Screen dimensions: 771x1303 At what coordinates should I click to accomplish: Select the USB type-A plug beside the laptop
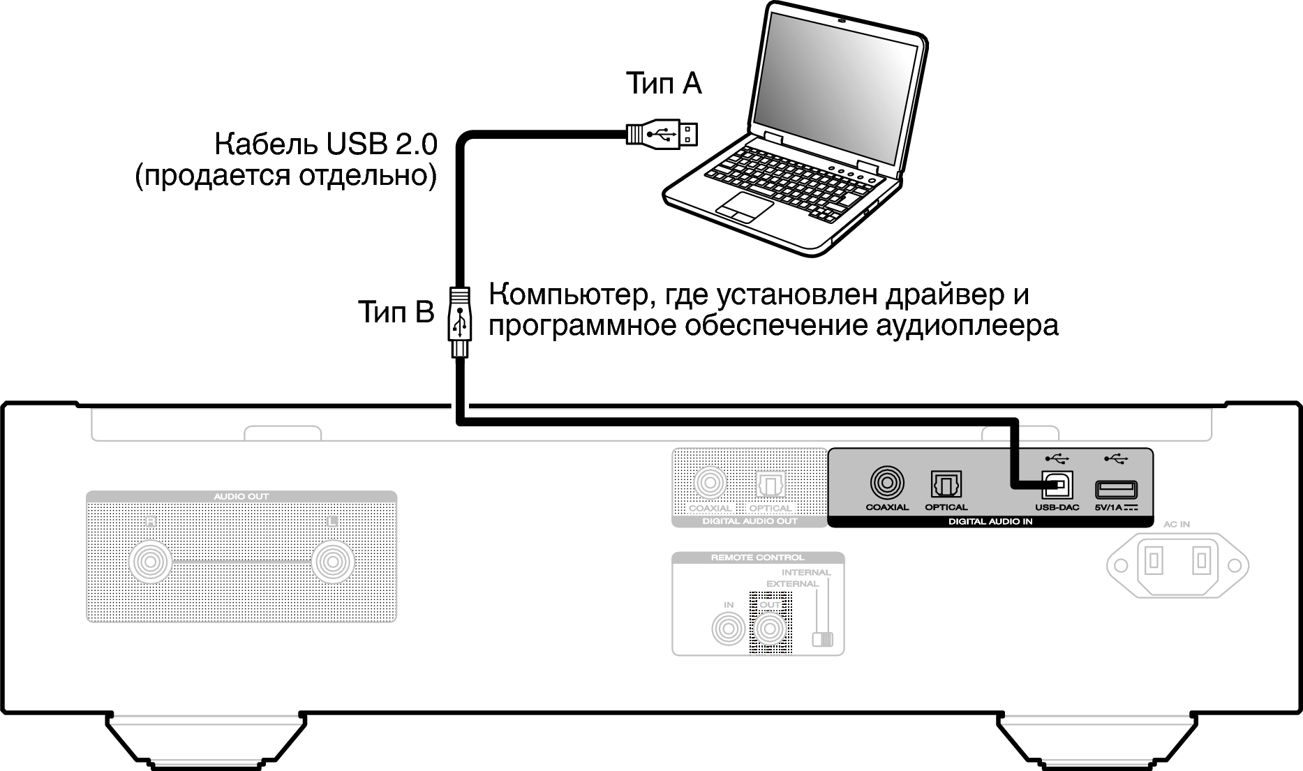662,133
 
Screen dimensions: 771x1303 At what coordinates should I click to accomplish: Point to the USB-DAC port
1057,484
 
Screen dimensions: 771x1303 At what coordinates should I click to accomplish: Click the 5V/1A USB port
1116,488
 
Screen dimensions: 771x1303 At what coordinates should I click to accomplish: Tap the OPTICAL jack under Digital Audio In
946,484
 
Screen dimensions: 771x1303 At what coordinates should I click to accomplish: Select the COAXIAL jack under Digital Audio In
887,483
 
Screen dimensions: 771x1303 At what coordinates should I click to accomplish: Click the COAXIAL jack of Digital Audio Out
710,483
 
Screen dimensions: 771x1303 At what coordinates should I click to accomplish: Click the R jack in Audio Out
150,562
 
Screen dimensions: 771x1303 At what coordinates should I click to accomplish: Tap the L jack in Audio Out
333,562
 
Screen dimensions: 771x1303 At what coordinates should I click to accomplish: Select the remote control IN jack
728,629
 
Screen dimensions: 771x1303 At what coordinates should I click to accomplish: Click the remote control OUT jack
770,629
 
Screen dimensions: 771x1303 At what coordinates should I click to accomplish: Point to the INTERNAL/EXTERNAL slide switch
823,638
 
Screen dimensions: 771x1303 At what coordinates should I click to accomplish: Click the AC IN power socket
1177,564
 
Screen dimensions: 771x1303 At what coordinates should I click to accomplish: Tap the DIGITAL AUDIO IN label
990,521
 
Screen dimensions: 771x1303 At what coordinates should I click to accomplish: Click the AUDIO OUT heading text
241,497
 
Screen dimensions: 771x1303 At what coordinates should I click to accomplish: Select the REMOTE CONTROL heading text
757,557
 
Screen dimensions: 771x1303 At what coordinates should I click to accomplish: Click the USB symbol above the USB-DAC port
1057,458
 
